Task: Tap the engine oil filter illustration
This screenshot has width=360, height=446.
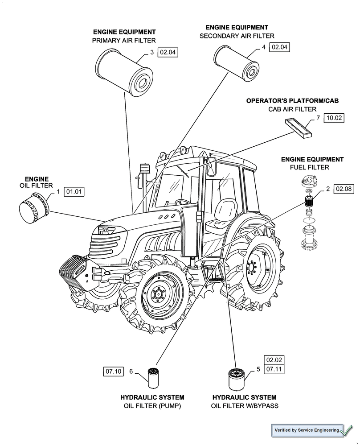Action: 34,209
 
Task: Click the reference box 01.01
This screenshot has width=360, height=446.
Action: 74,192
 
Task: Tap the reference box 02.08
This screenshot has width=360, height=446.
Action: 344,189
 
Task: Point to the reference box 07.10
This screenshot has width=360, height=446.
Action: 113,371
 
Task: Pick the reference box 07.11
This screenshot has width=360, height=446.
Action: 274,370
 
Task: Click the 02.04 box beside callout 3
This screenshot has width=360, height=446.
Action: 168,53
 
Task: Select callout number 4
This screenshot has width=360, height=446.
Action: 264,47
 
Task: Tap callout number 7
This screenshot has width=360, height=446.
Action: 318,118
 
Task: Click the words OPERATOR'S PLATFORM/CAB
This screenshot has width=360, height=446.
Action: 292,101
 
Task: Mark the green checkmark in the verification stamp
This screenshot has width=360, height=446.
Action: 347,431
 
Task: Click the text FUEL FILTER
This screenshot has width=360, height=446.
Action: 309,167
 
